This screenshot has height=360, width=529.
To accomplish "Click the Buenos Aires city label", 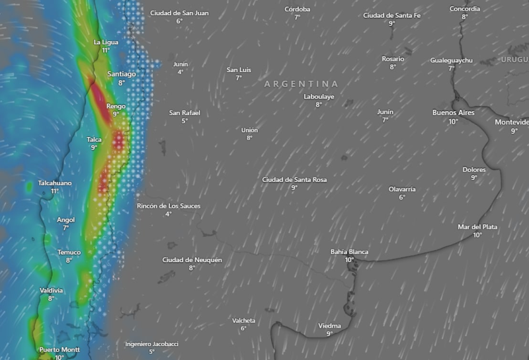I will tap(453, 112).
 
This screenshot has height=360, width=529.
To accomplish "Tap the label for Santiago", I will tap(122, 74).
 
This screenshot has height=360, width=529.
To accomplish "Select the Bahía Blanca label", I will tap(349, 251).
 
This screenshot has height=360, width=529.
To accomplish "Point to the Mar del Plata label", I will tap(477, 227).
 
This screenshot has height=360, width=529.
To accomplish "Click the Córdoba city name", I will tap(297, 9).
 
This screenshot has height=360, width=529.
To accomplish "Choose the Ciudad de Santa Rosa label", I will tap(294, 179).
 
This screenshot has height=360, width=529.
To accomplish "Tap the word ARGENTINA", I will tap(301, 84).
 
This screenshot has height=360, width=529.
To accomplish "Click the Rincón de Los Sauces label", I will tap(168, 206).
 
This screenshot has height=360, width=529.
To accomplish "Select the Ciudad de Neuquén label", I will tap(192, 259).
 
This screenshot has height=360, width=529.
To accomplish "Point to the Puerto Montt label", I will tap(60, 349).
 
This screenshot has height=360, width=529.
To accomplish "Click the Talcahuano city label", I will tap(55, 183).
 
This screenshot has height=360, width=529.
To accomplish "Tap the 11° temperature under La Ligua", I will tap(106, 50).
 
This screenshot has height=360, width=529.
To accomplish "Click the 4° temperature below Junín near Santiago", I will tap(181, 72).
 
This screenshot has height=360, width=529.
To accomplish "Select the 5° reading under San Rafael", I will tap(184, 120).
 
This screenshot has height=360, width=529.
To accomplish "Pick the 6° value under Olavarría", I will tap(402, 197).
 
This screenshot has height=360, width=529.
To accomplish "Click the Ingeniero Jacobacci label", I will tap(151, 343).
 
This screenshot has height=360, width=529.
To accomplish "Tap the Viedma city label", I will tap(329, 326).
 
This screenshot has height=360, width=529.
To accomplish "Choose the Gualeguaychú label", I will tap(452, 60).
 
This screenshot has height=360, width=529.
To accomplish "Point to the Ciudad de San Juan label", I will tap(179, 13).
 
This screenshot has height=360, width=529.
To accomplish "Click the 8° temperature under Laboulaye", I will tap(319, 105).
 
